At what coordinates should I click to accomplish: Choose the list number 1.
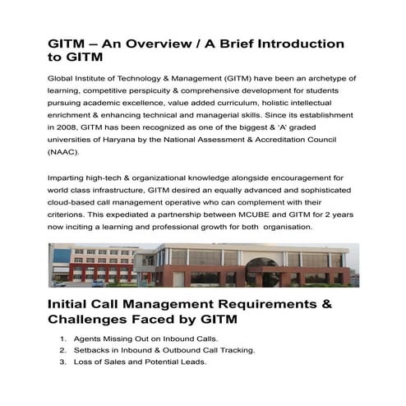pos(63,339)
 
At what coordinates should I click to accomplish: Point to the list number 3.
pos(63,362)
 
